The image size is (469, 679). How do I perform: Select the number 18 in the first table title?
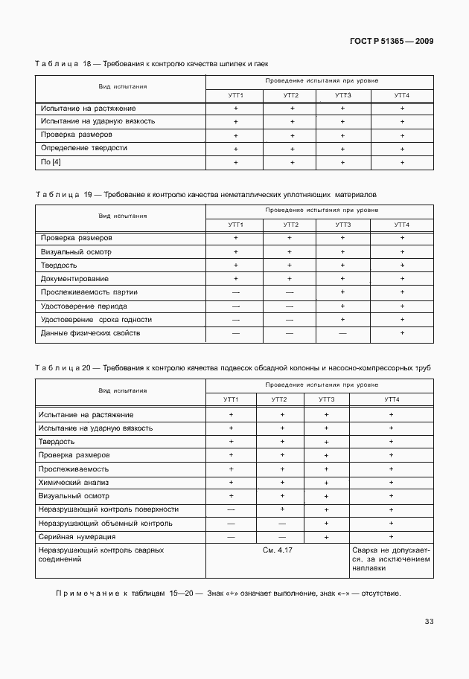click(87, 65)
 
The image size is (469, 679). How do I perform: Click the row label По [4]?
click(51, 161)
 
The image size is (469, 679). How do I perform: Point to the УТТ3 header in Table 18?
click(342, 95)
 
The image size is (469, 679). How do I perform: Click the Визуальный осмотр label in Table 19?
click(76, 251)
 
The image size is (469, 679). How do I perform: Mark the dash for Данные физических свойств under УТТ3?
click(342, 333)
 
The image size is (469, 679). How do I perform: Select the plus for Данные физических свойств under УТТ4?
click(402, 333)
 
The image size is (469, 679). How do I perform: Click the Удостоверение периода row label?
click(83, 306)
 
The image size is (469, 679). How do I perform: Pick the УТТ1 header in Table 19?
click(235, 224)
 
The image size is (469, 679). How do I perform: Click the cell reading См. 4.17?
click(278, 550)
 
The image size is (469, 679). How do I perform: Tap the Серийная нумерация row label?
click(78, 536)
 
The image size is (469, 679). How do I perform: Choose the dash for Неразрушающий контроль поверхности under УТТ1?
click(231, 509)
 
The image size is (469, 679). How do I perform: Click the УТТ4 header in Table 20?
click(392, 400)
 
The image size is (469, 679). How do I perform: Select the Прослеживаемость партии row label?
click(89, 292)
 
